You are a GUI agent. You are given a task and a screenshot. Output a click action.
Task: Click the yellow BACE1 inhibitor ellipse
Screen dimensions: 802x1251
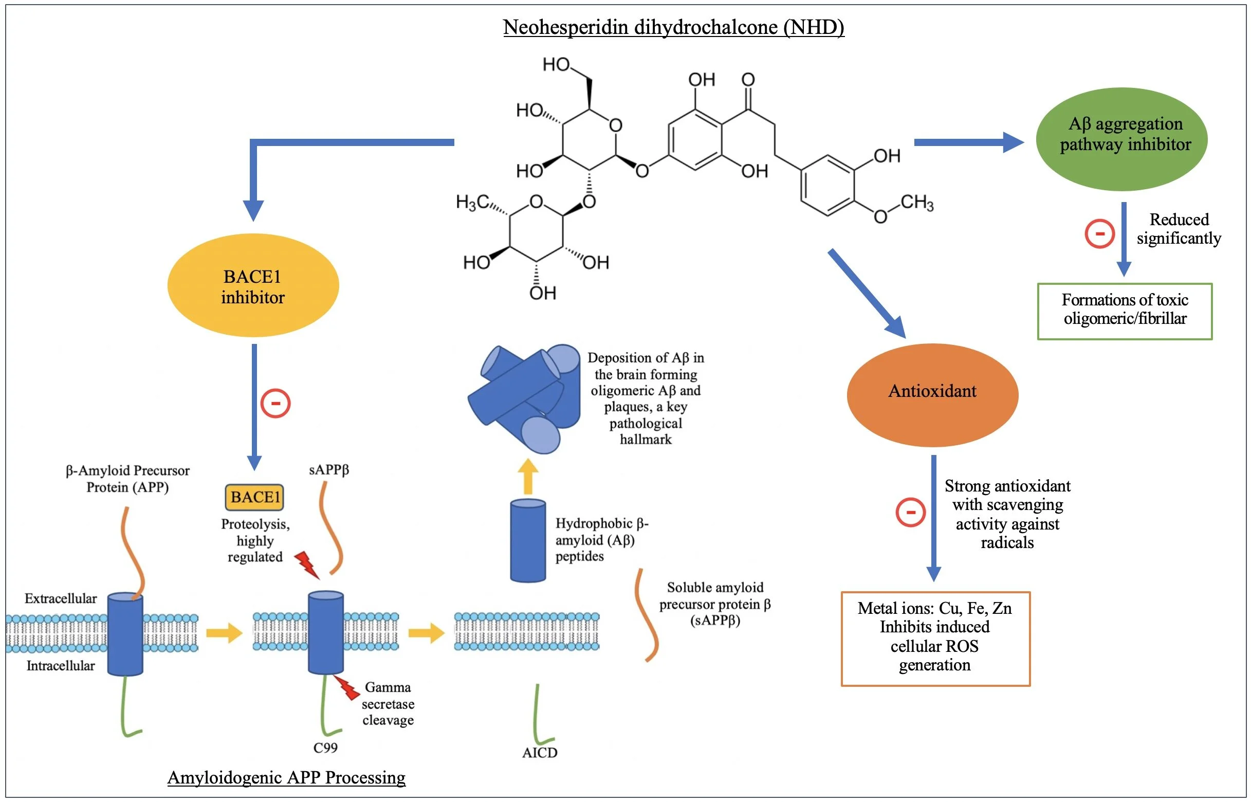click(x=253, y=286)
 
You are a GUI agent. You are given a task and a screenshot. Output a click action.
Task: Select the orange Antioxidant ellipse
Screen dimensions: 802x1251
click(x=932, y=394)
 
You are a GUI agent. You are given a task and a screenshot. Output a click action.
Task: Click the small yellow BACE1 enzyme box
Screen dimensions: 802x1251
click(x=254, y=497)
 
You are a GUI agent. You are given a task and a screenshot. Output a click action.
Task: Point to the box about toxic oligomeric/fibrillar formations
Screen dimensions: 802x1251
click(x=1125, y=311)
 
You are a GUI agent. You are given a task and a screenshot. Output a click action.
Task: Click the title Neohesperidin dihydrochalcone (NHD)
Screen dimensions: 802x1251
click(x=673, y=27)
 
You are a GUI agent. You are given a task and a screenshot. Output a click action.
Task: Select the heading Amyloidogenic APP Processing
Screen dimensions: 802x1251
click(x=286, y=777)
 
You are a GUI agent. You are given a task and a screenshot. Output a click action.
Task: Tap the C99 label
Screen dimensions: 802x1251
click(x=325, y=748)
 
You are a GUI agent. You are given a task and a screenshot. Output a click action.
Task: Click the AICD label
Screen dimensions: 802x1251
click(x=539, y=753)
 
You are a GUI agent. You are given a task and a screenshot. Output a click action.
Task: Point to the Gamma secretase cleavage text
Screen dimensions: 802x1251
click(x=388, y=704)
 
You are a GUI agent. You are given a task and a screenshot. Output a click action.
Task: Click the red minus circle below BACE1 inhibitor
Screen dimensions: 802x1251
click(x=275, y=403)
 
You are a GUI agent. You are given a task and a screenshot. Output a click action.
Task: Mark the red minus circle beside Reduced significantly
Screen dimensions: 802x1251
click(x=1099, y=233)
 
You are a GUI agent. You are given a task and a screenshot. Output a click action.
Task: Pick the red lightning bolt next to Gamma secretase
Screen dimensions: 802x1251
click(x=348, y=688)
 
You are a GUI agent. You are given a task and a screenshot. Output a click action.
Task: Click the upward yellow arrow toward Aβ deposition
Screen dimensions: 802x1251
click(x=528, y=476)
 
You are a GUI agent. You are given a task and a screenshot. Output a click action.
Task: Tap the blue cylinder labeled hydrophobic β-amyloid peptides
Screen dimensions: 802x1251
click(x=528, y=540)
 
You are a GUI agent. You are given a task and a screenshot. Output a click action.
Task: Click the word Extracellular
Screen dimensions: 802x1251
click(x=60, y=598)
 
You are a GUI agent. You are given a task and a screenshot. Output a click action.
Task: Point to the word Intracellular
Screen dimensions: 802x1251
click(x=60, y=666)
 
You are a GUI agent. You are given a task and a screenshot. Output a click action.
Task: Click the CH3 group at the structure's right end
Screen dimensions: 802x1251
click(x=917, y=203)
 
